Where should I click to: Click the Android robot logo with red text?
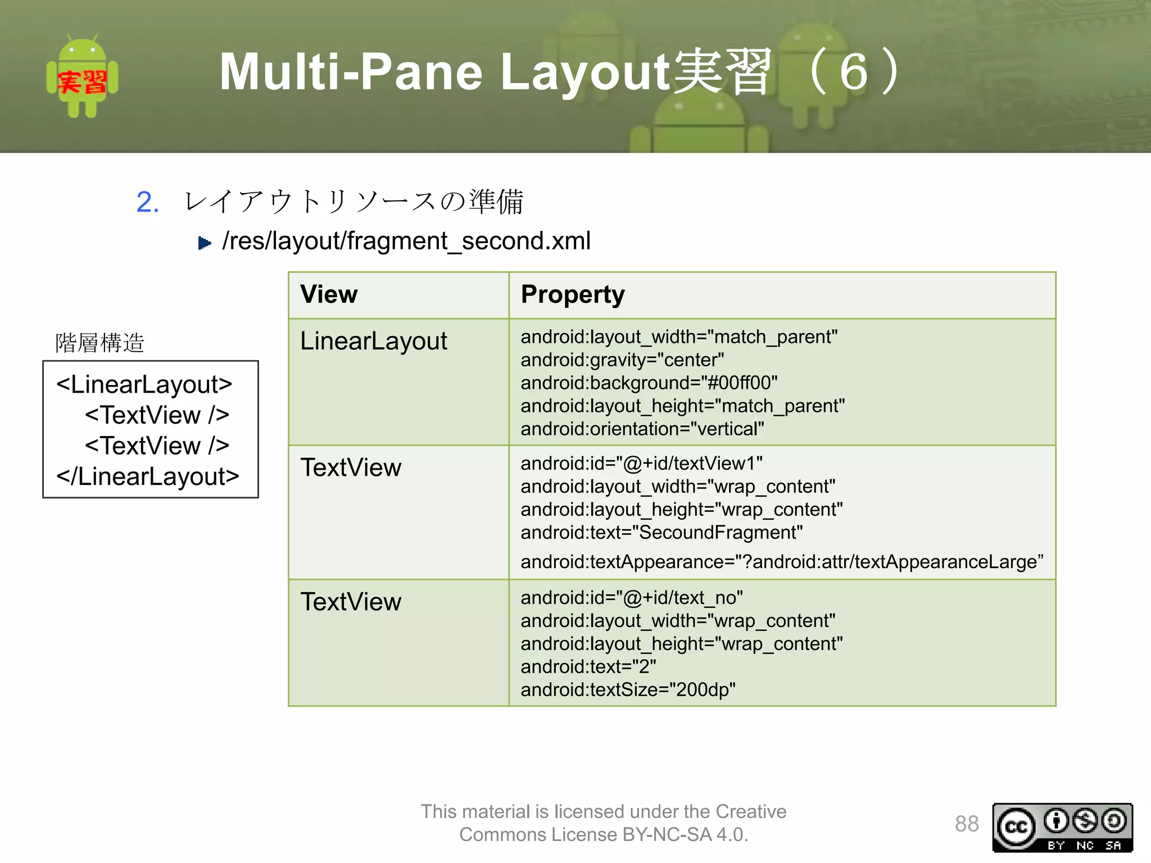[82, 77]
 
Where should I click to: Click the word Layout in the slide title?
[584, 72]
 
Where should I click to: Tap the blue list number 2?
[147, 202]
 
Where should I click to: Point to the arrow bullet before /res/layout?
[205, 243]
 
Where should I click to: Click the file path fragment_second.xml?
[406, 240]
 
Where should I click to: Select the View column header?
[329, 294]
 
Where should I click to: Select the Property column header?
[572, 294]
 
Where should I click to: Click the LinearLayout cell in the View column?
[373, 341]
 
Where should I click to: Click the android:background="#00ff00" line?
[649, 383]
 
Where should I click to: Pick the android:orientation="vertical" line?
[642, 429]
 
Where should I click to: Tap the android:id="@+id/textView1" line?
[641, 463]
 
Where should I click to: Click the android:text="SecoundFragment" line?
[661, 532]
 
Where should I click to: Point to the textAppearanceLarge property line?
[781, 561]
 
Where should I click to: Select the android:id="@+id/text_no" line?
[631, 597]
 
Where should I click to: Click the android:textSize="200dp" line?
[627, 689]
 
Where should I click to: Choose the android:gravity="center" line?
[622, 360]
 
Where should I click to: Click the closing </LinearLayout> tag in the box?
[147, 476]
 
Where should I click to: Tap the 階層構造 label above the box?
[99, 343]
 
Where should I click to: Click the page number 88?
[966, 824]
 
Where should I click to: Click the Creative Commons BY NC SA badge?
[1062, 827]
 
